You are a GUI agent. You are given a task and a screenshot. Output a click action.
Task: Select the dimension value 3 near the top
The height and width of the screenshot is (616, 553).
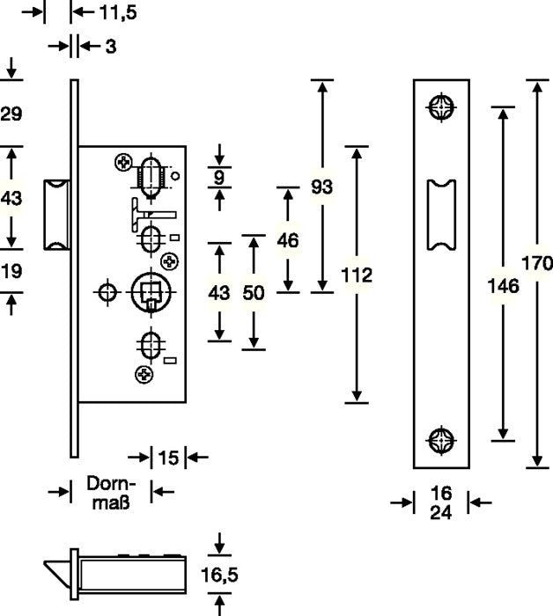(110, 47)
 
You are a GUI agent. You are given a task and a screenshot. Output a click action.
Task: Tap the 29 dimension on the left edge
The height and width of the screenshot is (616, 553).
(11, 114)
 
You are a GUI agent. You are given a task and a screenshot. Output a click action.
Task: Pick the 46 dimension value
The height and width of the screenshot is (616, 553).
(287, 238)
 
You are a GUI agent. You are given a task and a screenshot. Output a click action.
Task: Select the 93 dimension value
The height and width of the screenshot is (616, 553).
(323, 187)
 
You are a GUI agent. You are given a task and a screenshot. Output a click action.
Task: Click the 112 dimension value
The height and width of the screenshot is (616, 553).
(357, 275)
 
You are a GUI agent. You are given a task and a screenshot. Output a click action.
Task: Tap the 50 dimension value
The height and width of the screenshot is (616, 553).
(254, 293)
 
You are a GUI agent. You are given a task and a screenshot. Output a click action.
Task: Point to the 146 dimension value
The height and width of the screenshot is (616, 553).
(503, 285)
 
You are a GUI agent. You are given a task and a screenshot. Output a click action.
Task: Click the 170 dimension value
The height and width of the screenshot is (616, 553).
(536, 263)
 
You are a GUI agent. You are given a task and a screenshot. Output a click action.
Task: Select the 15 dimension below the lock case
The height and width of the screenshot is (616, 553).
(168, 457)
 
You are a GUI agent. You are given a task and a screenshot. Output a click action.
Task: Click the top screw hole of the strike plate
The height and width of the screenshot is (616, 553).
(441, 107)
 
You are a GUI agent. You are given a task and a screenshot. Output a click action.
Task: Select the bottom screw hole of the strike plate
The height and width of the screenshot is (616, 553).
(441, 439)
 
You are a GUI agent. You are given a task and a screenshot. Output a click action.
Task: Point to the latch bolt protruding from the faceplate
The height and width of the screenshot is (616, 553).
(58, 212)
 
